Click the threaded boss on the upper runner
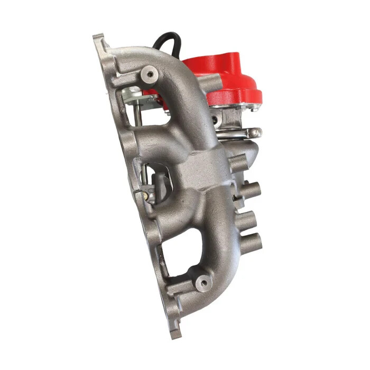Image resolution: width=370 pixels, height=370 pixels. pos(151,73)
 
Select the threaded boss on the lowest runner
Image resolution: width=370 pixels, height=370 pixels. pos(203,283)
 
